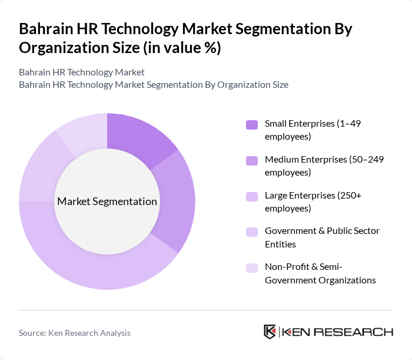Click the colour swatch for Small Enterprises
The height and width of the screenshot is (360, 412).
click(252, 124)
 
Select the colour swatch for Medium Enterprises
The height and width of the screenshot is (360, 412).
click(252, 160)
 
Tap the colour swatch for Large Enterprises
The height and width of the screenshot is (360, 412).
click(252, 196)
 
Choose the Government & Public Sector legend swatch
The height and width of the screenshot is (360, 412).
click(252, 232)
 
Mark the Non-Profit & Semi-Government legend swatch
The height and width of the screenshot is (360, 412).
click(252, 267)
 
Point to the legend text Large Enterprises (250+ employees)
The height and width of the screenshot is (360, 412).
click(313, 201)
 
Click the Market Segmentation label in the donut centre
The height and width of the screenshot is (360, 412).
click(107, 202)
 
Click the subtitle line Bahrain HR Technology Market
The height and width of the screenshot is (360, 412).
click(82, 72)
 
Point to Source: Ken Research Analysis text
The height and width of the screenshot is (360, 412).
click(75, 333)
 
